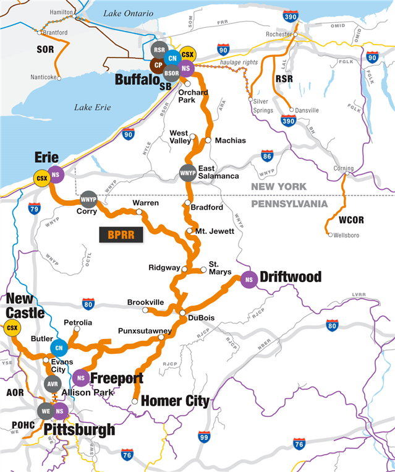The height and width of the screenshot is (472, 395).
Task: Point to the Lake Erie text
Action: [92, 107]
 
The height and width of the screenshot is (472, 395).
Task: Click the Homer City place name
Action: [175, 401]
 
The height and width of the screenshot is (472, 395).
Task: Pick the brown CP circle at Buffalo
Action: [158, 65]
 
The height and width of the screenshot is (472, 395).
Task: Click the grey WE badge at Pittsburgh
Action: [45, 410]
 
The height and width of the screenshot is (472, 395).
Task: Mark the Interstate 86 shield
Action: [267, 156]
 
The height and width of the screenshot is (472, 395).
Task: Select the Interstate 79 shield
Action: [35, 208]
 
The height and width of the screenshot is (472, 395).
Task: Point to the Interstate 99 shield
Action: [204, 437]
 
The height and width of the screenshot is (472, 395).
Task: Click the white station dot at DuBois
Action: [182, 314]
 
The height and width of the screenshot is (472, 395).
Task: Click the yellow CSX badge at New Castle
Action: [11, 328]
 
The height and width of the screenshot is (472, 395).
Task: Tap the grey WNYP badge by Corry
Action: [88, 199]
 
